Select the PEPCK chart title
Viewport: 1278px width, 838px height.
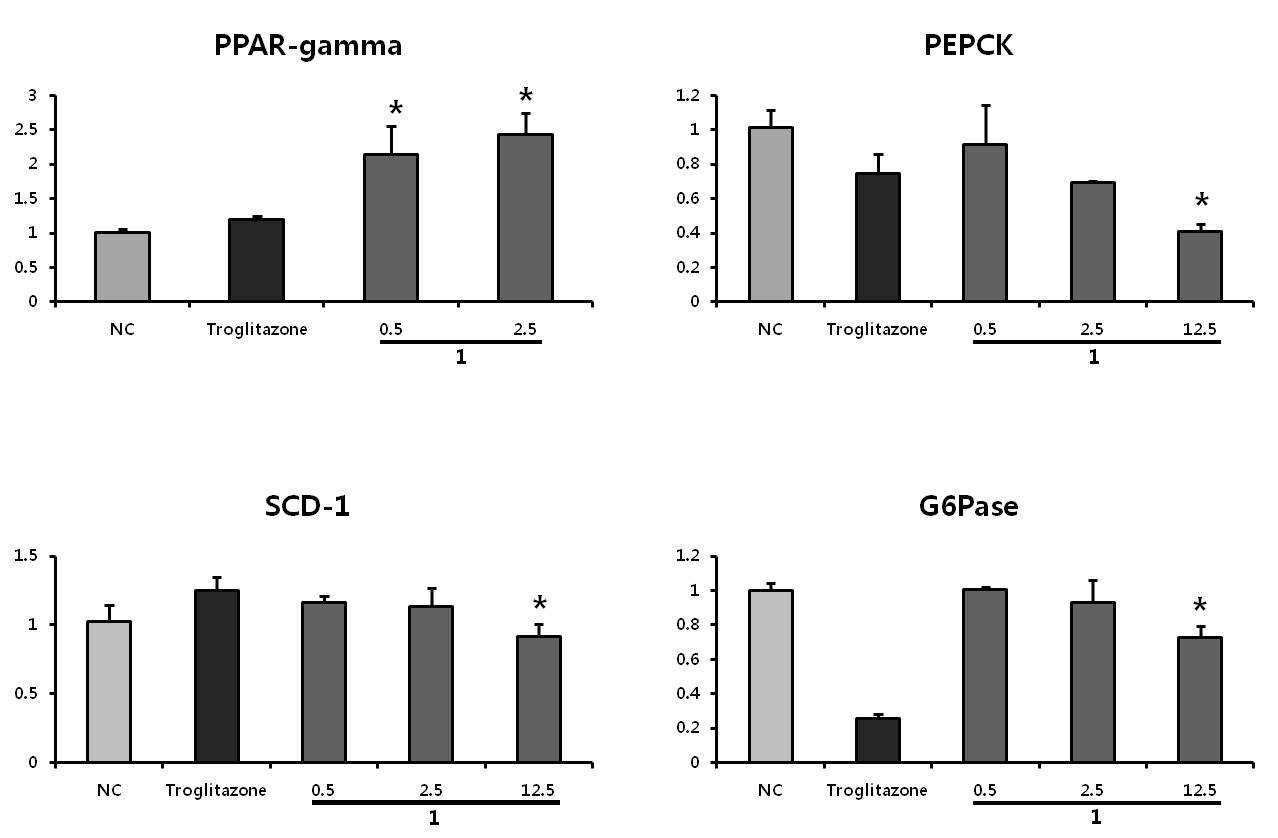click(x=968, y=46)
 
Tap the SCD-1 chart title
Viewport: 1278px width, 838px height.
click(x=307, y=506)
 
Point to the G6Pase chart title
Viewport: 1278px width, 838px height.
click(x=968, y=507)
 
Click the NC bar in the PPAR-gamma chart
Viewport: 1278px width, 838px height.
click(x=123, y=266)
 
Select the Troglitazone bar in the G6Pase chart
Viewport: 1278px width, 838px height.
click(x=878, y=740)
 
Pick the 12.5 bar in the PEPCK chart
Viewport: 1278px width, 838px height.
click(x=1200, y=266)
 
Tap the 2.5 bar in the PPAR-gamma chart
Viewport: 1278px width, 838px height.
click(x=525, y=217)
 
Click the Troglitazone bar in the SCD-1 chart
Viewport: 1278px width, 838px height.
click(x=217, y=676)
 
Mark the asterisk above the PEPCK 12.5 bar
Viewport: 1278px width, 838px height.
click(x=1202, y=200)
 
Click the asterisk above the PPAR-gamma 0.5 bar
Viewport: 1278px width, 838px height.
click(x=395, y=107)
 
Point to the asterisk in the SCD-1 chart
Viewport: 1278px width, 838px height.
click(x=540, y=603)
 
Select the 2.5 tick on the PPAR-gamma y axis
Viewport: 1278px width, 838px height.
click(x=26, y=129)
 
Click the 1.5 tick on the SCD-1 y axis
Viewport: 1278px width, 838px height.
click(x=26, y=556)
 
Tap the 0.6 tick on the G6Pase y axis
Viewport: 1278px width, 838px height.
click(x=687, y=659)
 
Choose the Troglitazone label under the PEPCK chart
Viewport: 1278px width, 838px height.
click(x=877, y=329)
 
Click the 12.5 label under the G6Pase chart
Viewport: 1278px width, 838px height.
click(x=1199, y=790)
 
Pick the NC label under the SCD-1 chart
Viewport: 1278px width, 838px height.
click(x=110, y=790)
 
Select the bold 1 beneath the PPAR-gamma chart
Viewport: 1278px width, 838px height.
click(x=461, y=357)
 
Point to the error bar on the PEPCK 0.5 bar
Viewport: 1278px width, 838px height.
click(x=985, y=124)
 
